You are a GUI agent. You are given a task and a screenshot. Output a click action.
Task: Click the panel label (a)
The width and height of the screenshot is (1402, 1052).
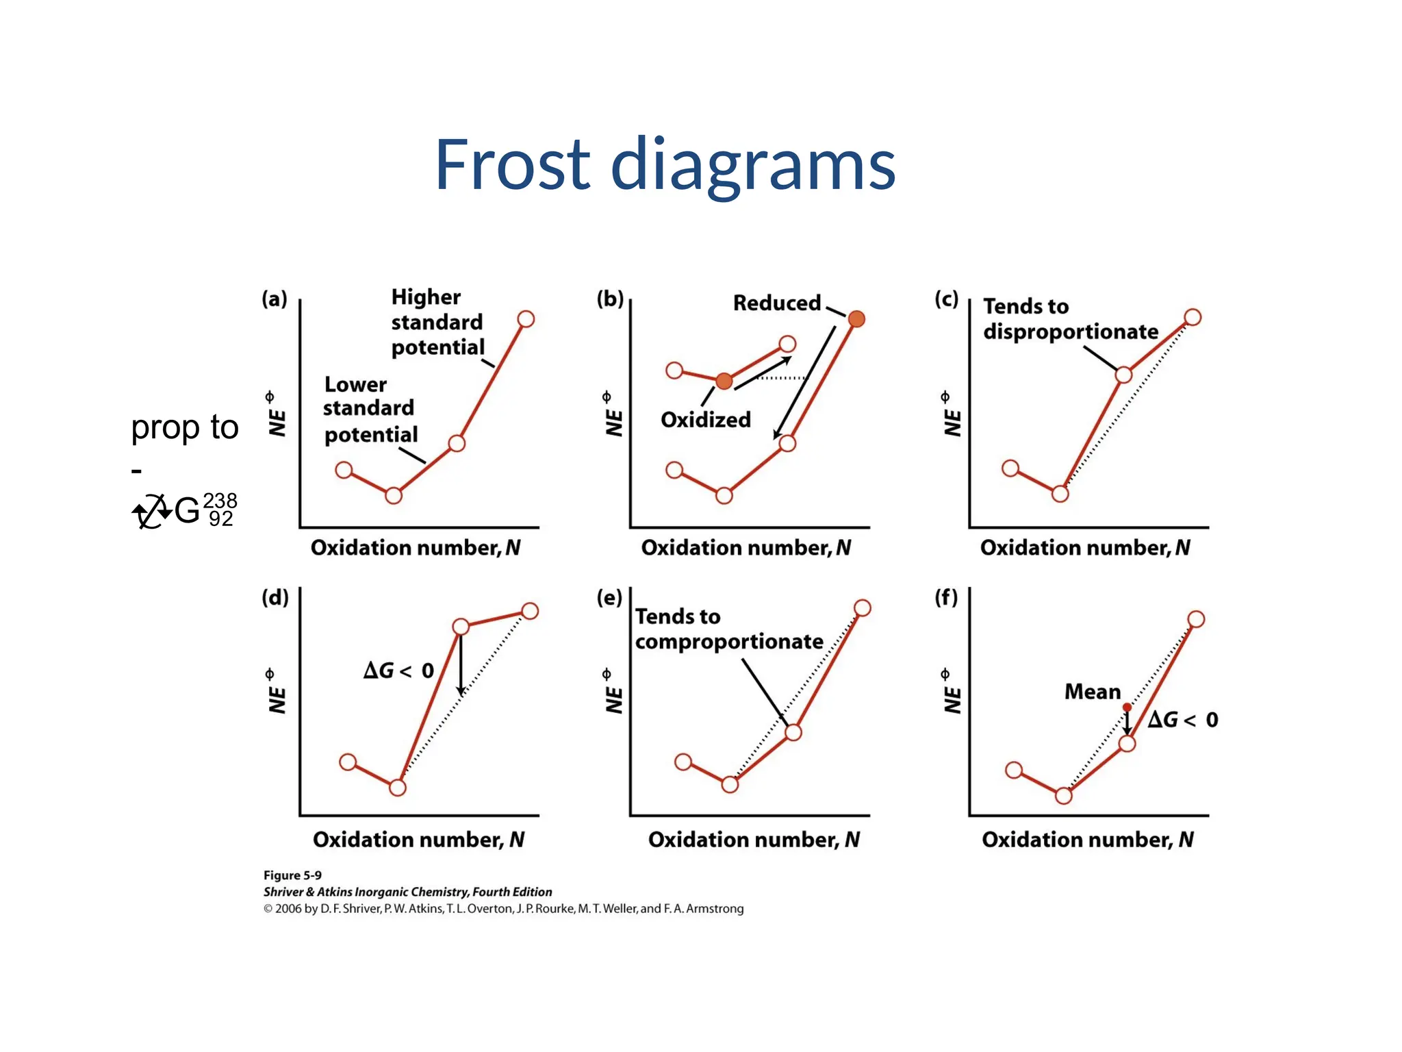275,299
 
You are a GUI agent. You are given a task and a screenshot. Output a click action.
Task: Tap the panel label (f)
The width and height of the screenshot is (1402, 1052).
947,598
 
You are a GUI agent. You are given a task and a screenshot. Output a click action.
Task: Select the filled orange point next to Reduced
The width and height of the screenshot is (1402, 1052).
856,318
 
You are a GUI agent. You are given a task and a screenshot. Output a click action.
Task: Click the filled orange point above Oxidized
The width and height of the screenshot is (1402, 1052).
724,381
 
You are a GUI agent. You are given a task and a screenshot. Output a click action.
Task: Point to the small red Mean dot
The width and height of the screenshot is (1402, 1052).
1127,707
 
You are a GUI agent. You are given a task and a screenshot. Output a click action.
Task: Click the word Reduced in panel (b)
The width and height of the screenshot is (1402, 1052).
776,303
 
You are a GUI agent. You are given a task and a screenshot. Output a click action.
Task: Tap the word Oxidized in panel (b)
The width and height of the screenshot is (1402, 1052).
705,419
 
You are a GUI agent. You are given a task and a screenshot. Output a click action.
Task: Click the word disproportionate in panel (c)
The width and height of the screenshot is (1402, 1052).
1071,331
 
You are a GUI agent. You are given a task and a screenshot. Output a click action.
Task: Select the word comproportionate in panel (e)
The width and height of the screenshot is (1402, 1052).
729,642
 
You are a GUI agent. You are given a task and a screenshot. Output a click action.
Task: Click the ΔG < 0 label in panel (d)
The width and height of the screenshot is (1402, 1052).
399,670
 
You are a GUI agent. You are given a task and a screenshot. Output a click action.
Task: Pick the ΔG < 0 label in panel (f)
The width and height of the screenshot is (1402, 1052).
1183,720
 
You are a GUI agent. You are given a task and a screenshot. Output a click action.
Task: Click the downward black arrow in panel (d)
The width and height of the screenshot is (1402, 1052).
461,664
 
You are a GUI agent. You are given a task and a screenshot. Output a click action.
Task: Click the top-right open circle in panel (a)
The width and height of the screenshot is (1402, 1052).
526,318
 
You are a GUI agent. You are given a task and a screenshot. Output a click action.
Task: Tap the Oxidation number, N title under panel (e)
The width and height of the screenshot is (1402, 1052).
754,840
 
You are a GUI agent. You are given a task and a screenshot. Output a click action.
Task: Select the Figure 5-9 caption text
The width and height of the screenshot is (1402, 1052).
292,875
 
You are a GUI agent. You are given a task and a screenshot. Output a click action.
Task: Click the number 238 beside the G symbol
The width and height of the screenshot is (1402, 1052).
220,500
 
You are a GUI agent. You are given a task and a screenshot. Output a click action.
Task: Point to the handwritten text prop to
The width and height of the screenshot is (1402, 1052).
184,427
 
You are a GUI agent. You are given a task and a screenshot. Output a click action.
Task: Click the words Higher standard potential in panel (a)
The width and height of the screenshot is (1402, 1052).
437,322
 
